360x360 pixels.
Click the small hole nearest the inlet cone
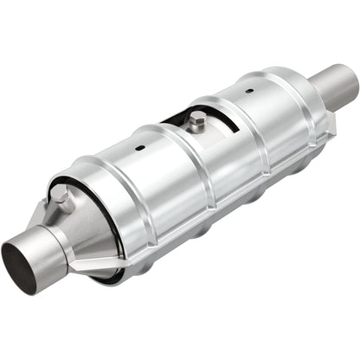tap(138, 148)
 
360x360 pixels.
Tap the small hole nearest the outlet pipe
tap(248, 90)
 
